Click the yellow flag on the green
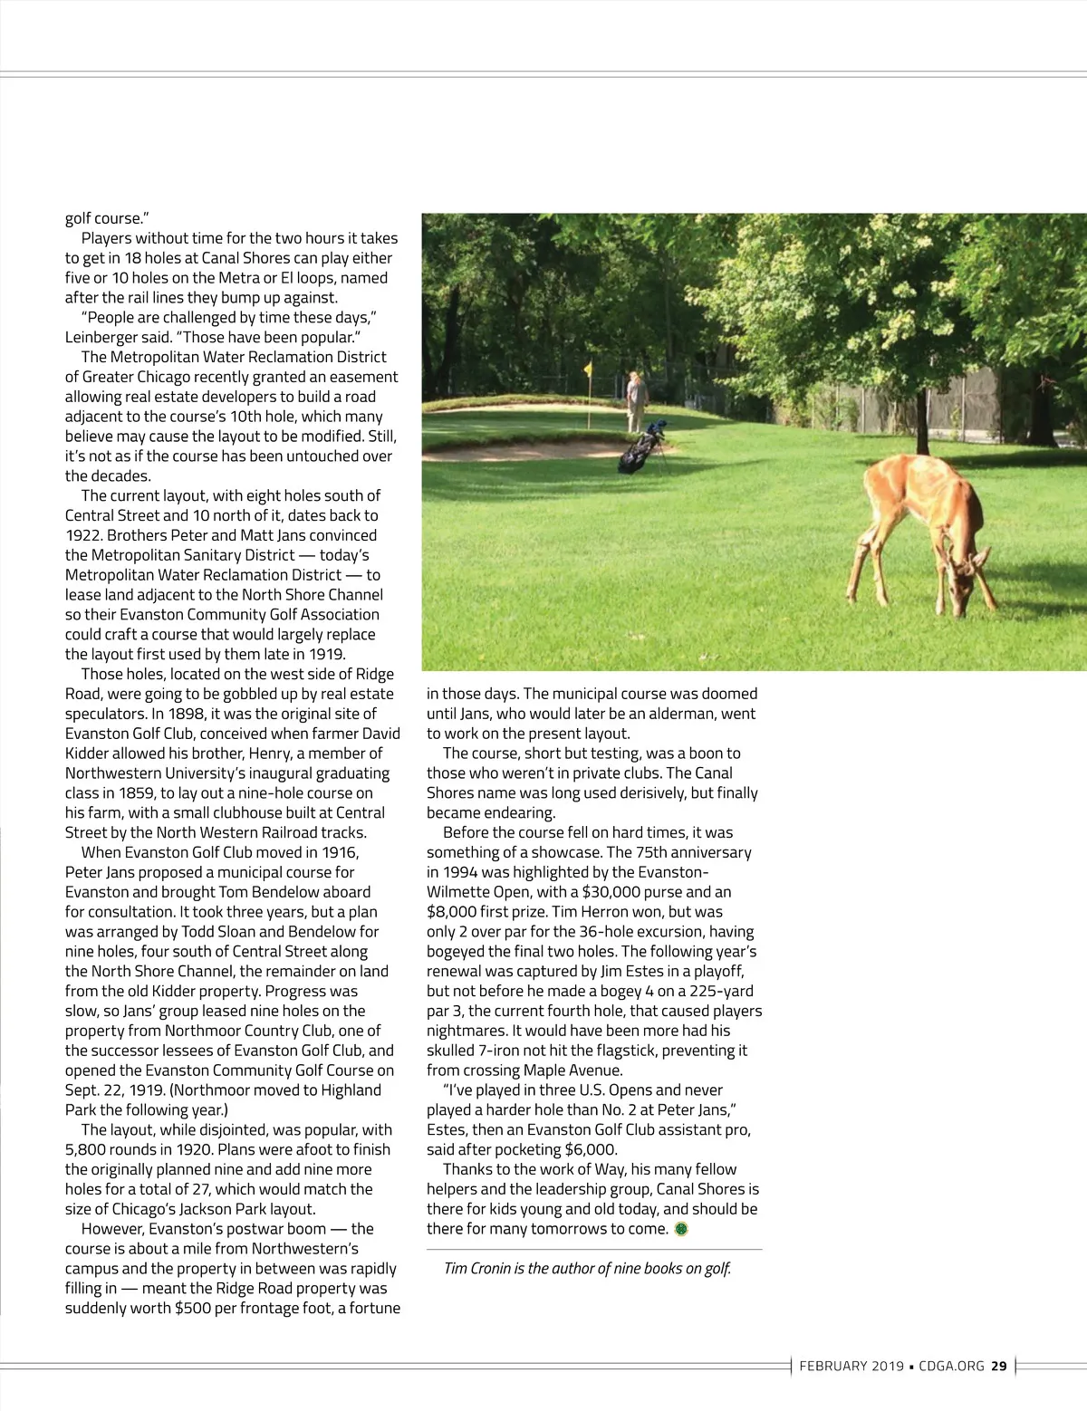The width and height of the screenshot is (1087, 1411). (x=588, y=369)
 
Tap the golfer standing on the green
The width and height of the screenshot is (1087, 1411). (x=638, y=401)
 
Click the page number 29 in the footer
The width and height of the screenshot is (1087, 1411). (x=999, y=1366)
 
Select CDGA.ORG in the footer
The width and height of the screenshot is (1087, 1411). (x=951, y=1366)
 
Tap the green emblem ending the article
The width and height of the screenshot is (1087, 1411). (x=682, y=1229)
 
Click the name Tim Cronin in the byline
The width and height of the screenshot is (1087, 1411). (x=476, y=1268)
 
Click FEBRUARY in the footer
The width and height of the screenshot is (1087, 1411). (x=832, y=1366)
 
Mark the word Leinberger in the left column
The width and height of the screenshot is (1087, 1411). (x=101, y=337)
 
